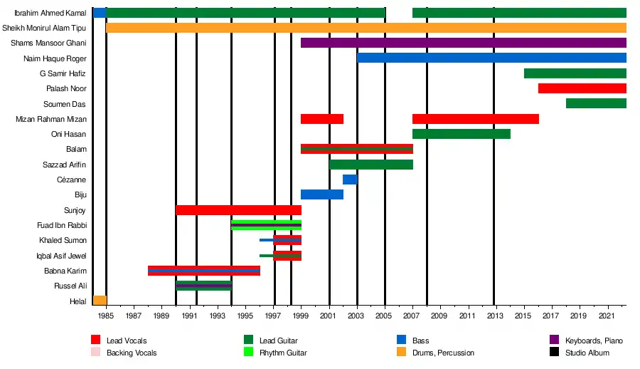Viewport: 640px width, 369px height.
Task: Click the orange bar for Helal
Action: [x=100, y=301]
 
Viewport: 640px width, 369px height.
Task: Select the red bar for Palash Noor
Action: [x=582, y=88]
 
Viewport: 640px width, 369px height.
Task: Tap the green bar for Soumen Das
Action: [x=596, y=103]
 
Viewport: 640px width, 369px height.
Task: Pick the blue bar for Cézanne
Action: [x=350, y=180]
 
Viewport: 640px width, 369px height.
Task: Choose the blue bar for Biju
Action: [x=322, y=194]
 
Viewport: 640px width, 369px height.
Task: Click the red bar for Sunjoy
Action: [x=238, y=210]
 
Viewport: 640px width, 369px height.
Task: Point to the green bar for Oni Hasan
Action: [x=461, y=134]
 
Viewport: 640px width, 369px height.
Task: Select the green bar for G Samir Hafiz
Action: [x=575, y=73]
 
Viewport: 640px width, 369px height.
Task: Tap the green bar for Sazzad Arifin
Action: [x=370, y=165]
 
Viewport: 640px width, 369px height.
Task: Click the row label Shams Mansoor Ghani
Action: [x=49, y=43]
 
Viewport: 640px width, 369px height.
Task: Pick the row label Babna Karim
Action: [x=65, y=271]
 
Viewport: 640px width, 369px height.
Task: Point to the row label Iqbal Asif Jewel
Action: [x=62, y=256]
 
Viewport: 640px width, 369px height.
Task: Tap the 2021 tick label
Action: [x=607, y=315]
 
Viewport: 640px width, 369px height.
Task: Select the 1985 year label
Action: [x=106, y=315]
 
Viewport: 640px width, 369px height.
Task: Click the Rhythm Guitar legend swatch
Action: [x=248, y=353]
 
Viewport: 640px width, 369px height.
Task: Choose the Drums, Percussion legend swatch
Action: [x=401, y=353]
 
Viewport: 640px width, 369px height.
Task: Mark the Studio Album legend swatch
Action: [x=554, y=353]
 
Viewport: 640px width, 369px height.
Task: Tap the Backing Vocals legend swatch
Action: [x=95, y=353]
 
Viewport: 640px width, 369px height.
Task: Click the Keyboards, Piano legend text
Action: [x=594, y=341]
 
